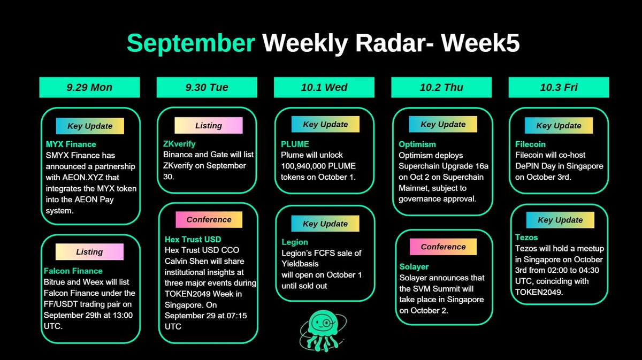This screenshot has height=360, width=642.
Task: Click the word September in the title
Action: pyautogui.click(x=190, y=43)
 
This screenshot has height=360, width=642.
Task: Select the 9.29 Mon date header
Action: pyautogui.click(x=89, y=87)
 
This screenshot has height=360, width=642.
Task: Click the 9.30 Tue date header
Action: pyautogui.click(x=207, y=87)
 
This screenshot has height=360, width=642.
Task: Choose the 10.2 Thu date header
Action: pyautogui.click(x=441, y=87)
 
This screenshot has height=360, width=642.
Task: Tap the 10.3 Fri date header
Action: pyautogui.click(x=559, y=87)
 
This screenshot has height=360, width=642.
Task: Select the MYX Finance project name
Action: pyautogui.click(x=71, y=144)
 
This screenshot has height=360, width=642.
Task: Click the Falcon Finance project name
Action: pyautogui.click(x=73, y=271)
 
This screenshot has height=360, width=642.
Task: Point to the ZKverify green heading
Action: pyautogui.click(x=179, y=144)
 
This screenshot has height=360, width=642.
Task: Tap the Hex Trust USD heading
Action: pyautogui.click(x=193, y=239)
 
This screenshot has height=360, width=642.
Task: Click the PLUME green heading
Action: pyautogui.click(x=295, y=144)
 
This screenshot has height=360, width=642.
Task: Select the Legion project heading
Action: pyautogui.click(x=295, y=242)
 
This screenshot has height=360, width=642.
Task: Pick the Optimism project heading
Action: pyautogui.click(x=417, y=144)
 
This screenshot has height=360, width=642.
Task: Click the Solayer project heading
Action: pyautogui.click(x=414, y=266)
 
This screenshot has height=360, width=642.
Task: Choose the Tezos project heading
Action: pyautogui.click(x=527, y=237)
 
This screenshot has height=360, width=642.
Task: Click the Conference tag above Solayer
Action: pyautogui.click(x=443, y=247)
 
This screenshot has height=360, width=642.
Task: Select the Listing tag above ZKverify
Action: pyautogui.click(x=208, y=125)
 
